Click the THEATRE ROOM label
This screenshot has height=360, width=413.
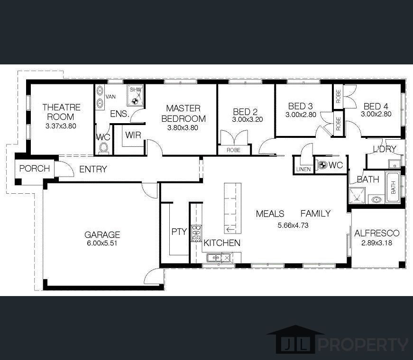[61, 112]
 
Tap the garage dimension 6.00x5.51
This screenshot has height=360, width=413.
[102, 243]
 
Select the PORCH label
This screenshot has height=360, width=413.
[35, 169]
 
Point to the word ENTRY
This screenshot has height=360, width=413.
[93, 169]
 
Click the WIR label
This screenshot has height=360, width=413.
[133, 135]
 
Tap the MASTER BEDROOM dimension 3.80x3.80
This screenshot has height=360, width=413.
[183, 127]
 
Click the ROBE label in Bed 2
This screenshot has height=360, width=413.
[233, 150]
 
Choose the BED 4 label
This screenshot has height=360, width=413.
[376, 106]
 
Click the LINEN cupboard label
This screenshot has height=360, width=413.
[303, 169]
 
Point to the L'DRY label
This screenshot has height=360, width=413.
[384, 149]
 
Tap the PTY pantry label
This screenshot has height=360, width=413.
[179, 232]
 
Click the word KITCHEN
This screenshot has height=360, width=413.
[222, 243]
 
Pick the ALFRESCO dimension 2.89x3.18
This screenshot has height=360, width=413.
[377, 243]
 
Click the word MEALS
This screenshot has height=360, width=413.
[270, 214]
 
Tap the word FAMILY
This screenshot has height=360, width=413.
[315, 214]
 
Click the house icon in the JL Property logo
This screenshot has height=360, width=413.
[295, 340]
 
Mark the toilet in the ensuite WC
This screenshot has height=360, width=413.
[104, 148]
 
